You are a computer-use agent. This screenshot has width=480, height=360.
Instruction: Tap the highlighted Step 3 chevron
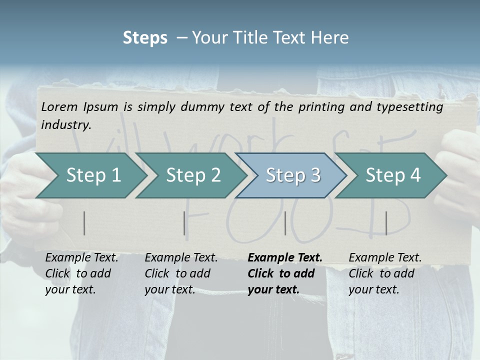pyautogui.click(x=293, y=175)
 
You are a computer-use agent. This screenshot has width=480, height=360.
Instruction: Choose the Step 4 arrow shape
pyautogui.click(x=393, y=175)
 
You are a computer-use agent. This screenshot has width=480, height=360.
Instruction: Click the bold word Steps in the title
pyautogui.click(x=145, y=38)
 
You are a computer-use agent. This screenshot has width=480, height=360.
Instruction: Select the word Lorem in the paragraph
pyautogui.click(x=59, y=107)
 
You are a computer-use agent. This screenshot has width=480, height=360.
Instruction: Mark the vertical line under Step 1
pyautogui.click(x=84, y=223)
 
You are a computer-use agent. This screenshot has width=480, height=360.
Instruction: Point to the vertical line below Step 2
pyautogui.click(x=184, y=223)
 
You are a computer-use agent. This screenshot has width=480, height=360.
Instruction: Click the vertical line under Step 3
pyautogui.click(x=285, y=223)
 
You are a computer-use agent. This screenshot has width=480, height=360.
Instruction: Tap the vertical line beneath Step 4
pyautogui.click(x=386, y=223)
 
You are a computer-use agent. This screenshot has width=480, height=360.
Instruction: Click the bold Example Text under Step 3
pyautogui.click(x=285, y=258)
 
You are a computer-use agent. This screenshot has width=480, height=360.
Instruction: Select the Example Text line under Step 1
pyautogui.click(x=81, y=258)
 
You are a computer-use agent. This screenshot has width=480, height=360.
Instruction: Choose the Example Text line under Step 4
pyautogui.click(x=385, y=258)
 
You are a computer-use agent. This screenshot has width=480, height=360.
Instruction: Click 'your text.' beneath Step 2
pyautogui.click(x=169, y=289)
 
